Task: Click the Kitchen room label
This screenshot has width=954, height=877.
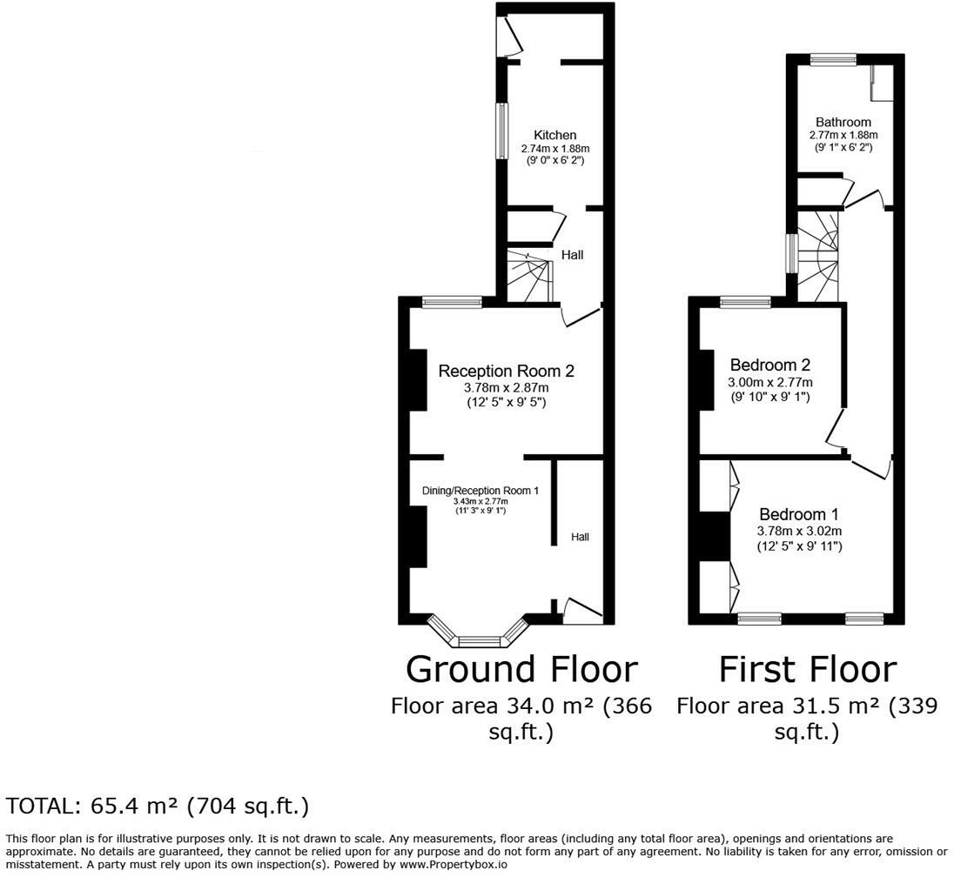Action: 554,135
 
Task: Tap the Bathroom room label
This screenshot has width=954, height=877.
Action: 843,122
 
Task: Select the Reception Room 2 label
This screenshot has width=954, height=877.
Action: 506,371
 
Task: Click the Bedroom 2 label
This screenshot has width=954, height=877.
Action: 770,365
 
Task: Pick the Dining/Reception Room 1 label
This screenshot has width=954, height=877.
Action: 480,491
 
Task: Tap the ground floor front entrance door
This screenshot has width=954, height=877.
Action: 582,612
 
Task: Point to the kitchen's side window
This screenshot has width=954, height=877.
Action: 501,131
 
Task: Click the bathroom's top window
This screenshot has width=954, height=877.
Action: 833,59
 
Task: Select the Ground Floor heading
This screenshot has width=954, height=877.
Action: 521,669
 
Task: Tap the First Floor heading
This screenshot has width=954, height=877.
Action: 806,669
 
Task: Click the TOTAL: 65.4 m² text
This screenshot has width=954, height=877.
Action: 158,806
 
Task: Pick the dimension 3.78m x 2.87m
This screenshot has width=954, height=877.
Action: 506,387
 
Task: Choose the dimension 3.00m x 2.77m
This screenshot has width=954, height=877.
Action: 770,382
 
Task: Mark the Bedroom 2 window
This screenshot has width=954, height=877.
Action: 745,302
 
